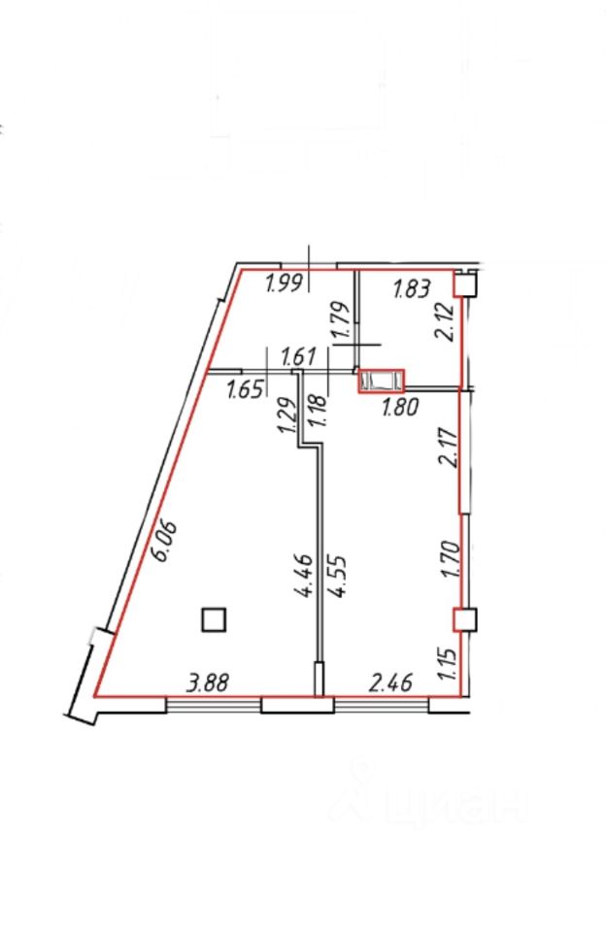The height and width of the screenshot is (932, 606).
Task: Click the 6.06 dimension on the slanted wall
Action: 165,541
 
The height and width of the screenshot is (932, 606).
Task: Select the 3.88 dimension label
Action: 207,682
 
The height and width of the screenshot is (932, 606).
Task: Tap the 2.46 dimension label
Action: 390,682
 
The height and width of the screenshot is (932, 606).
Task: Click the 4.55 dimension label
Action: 335,577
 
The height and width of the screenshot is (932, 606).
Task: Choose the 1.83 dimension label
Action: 411,289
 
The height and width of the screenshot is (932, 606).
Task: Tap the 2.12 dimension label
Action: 446,321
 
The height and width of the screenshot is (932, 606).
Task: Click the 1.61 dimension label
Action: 297,358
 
